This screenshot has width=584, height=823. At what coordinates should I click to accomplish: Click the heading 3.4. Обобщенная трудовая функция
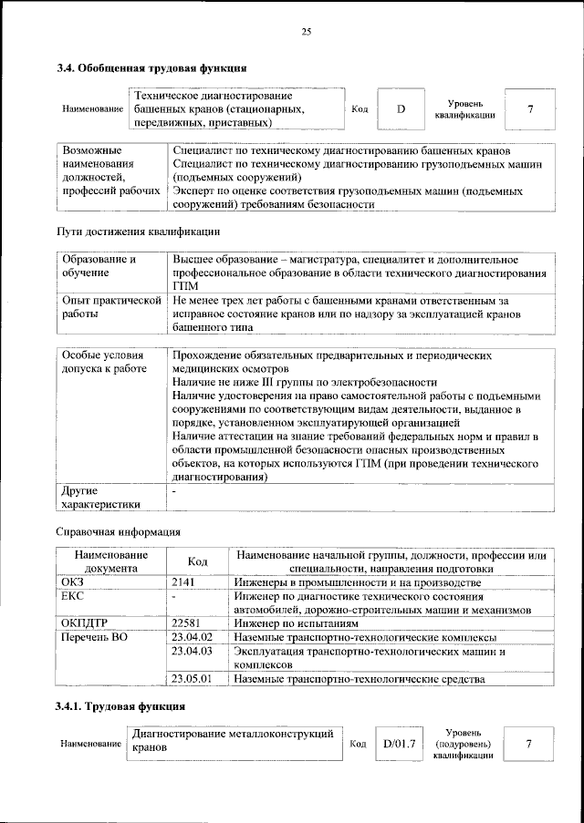coord(151,68)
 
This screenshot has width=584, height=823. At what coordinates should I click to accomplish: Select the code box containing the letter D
coord(401,109)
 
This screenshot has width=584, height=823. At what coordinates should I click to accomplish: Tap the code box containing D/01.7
coord(400,745)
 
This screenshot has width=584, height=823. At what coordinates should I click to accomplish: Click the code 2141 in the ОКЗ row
coord(184,581)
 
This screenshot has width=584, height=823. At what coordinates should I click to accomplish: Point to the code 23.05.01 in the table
coord(192,679)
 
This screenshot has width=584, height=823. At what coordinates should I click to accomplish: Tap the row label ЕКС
coord(72,596)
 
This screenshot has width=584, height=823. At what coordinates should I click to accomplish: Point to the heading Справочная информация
coord(117,531)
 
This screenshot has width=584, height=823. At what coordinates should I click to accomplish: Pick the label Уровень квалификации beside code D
coord(464,109)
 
